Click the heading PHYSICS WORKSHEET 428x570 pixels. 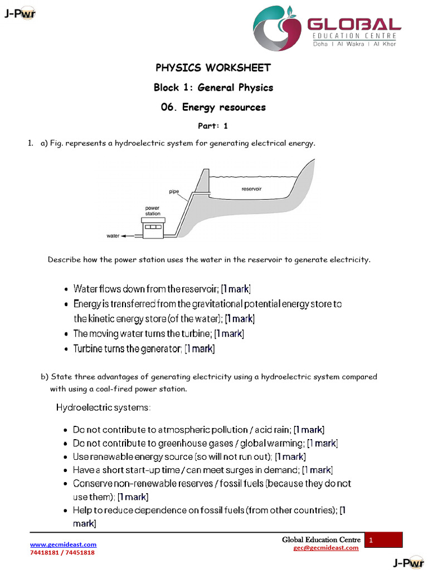click(x=213, y=68)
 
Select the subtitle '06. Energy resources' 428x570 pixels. click(x=213, y=107)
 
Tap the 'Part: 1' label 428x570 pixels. click(x=213, y=126)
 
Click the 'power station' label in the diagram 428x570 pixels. click(x=153, y=211)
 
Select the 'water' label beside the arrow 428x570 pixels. click(x=113, y=236)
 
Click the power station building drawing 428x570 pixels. click(x=153, y=228)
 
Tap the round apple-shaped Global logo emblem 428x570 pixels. click(x=277, y=28)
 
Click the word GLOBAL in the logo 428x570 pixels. click(x=354, y=24)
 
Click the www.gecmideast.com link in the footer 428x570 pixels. click(x=63, y=544)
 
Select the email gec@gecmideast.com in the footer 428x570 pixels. click(x=326, y=548)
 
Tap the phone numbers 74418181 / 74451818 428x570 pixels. click(x=62, y=553)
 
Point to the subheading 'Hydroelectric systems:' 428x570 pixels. click(x=103, y=407)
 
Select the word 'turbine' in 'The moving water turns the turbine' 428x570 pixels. click(x=198, y=334)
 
